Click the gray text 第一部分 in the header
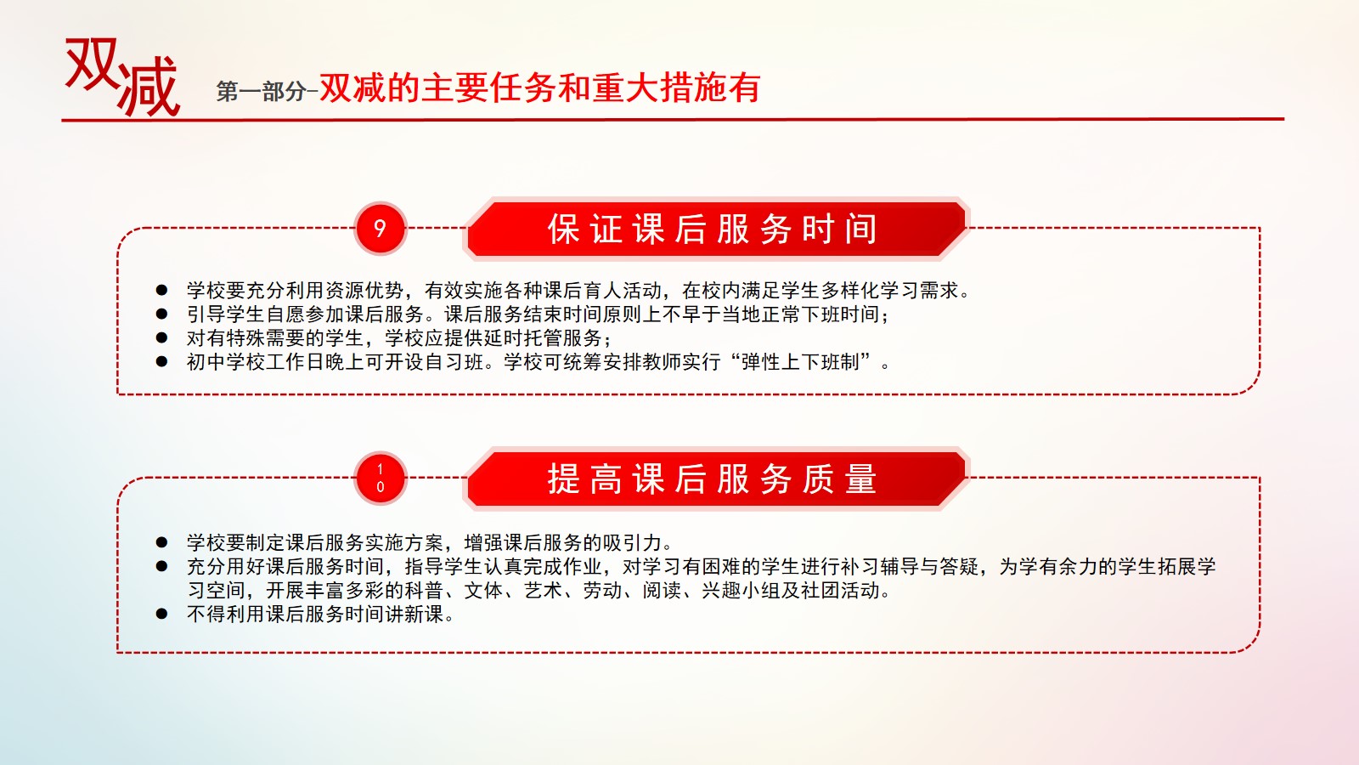pyautogui.click(x=261, y=92)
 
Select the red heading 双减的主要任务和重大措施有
pyautogui.click(x=540, y=88)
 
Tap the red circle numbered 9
pyautogui.click(x=381, y=229)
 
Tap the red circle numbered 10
pyautogui.click(x=381, y=478)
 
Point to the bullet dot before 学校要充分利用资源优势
pyautogui.click(x=161, y=290)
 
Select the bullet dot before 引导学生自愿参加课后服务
pyautogui.click(x=161, y=314)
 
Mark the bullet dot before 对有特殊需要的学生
pyautogui.click(x=161, y=337)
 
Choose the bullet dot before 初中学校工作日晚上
pyautogui.click(x=161, y=362)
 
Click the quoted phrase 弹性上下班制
pyautogui.click(x=799, y=362)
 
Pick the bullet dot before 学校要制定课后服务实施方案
pyautogui.click(x=161, y=542)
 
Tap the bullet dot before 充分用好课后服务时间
pyautogui.click(x=161, y=566)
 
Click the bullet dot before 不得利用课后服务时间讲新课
pyautogui.click(x=161, y=614)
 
